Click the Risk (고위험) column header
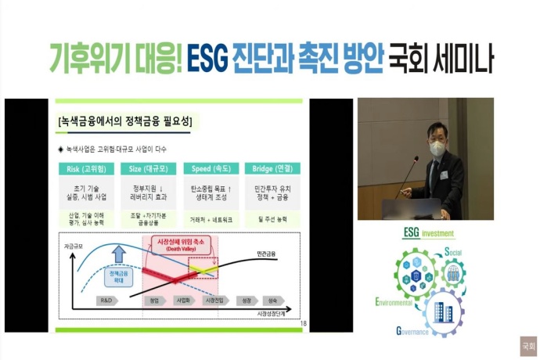coord(88,168)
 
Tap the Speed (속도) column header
coord(210,168)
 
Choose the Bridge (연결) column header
coord(271,168)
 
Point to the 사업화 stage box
coord(182,300)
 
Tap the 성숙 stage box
coord(273,300)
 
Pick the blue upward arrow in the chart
coord(118,254)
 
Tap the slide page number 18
coord(303,322)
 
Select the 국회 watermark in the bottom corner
coord(528,345)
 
